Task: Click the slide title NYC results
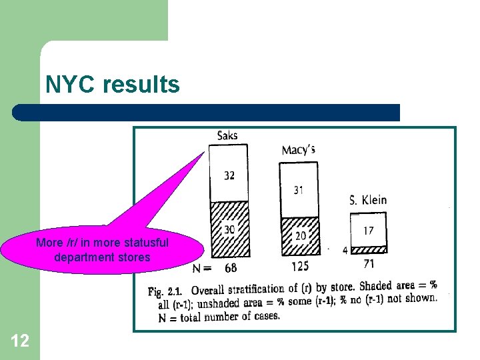coord(113,85)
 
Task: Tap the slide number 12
coord(20,341)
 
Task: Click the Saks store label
coord(227,135)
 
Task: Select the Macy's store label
coord(298,149)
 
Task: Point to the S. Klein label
coord(367,199)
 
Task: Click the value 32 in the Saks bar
coord(229,175)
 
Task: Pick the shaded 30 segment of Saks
coord(229,229)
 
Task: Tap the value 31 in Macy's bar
coord(298,190)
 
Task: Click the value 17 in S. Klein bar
coord(368,231)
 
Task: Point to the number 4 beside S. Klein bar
coord(345,251)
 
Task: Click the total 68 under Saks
coord(231,268)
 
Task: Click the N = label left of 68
coord(202,268)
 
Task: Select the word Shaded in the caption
coord(375,287)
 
